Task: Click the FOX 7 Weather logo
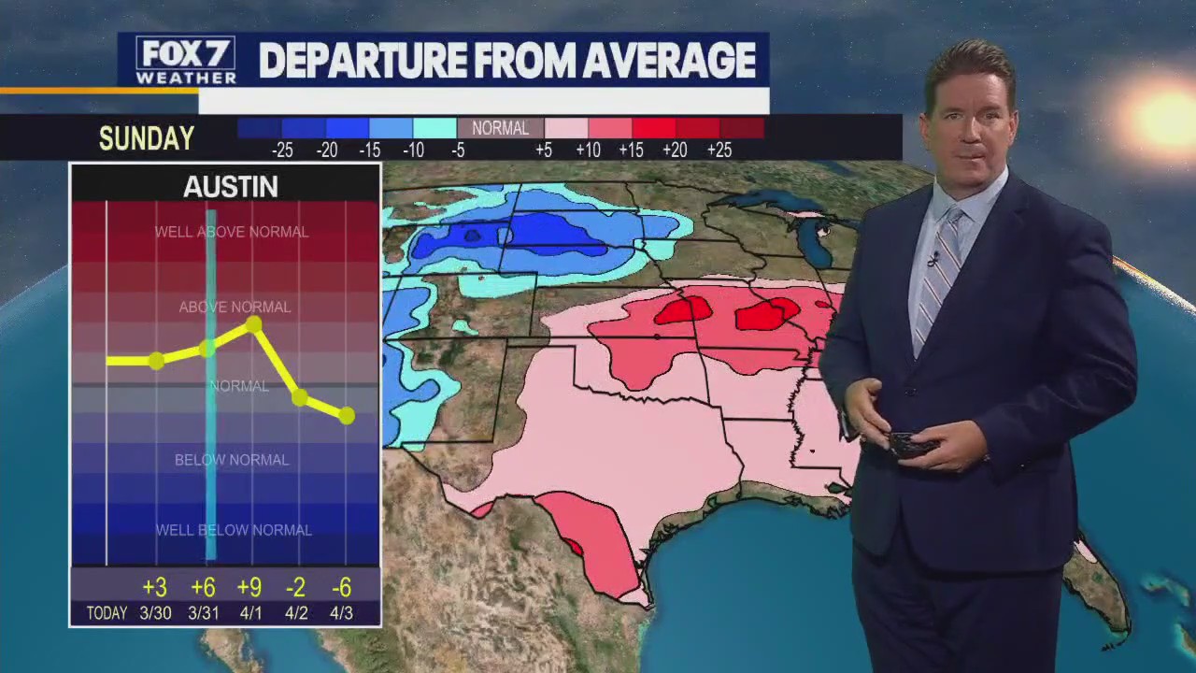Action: (185, 61)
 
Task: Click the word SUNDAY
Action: (147, 139)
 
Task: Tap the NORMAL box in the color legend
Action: (500, 129)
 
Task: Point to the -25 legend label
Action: (281, 150)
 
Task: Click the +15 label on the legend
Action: (631, 150)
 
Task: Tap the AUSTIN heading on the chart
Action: (230, 187)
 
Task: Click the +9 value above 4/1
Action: (249, 587)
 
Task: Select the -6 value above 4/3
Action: (341, 587)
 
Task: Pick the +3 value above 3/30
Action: (154, 587)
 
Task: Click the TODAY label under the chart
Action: (107, 613)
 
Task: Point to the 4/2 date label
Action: (296, 613)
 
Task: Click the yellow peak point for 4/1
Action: (253, 324)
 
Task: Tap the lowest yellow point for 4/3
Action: (347, 415)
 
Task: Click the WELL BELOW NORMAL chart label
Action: (233, 530)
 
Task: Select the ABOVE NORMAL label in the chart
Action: (235, 307)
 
